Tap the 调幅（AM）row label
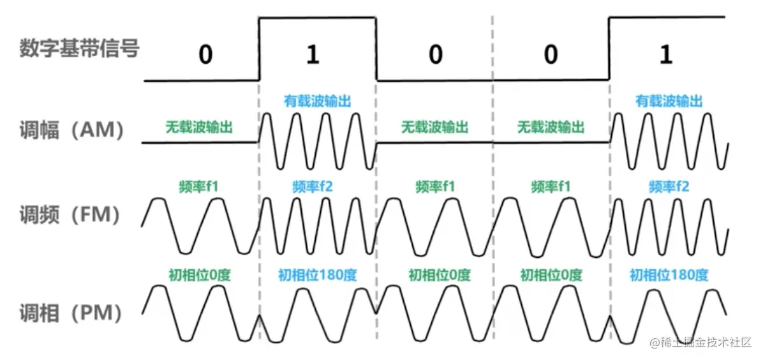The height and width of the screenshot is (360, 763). [70, 130]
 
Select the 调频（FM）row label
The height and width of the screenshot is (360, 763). [70, 216]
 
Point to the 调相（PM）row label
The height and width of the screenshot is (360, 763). [70, 313]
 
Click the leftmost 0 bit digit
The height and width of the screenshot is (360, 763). [205, 55]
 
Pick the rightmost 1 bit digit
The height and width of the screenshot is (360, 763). [666, 55]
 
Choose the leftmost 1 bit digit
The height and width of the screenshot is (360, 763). [312, 55]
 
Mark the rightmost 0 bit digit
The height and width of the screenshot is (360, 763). [551, 55]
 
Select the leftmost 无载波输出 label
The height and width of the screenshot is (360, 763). [199, 126]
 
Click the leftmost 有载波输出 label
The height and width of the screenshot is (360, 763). [318, 101]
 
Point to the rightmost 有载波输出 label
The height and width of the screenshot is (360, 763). [669, 101]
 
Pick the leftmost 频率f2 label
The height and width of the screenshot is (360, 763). [316, 187]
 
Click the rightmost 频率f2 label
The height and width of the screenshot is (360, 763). [669, 187]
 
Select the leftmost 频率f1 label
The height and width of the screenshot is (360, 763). [199, 187]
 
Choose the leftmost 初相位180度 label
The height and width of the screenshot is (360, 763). [317, 275]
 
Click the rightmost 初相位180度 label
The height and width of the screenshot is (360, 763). [669, 275]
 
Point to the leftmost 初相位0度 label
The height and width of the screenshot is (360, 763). [199, 275]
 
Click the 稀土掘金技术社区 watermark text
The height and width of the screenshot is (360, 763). [701, 343]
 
